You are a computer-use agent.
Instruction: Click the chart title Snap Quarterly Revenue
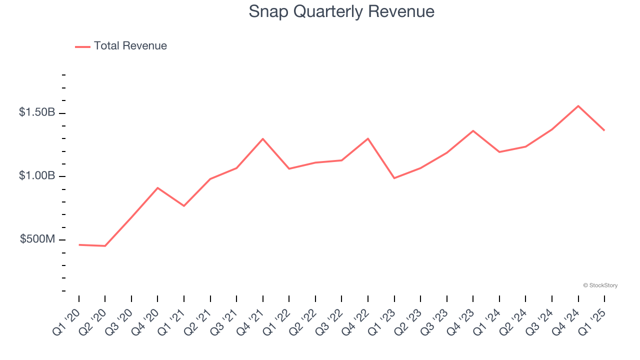[x=341, y=11]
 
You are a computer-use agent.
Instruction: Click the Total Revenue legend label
[x=130, y=46]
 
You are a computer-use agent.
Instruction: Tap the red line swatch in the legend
[x=82, y=46]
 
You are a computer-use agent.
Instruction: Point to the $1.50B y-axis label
[x=37, y=112]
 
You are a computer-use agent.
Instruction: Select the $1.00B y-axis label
[x=37, y=176]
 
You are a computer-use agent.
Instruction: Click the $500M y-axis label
[x=37, y=239]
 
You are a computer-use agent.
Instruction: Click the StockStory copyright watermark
[x=600, y=285]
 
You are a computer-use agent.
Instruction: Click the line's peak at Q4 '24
[x=578, y=106]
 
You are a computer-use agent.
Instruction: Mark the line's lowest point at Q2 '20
[x=105, y=246]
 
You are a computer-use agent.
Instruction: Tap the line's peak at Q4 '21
[x=263, y=138]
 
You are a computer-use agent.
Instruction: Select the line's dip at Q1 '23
[x=394, y=178]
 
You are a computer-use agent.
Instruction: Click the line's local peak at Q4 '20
[x=157, y=188]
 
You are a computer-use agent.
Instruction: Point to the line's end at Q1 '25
[x=604, y=130]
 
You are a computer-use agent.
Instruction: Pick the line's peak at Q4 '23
[x=473, y=131]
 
